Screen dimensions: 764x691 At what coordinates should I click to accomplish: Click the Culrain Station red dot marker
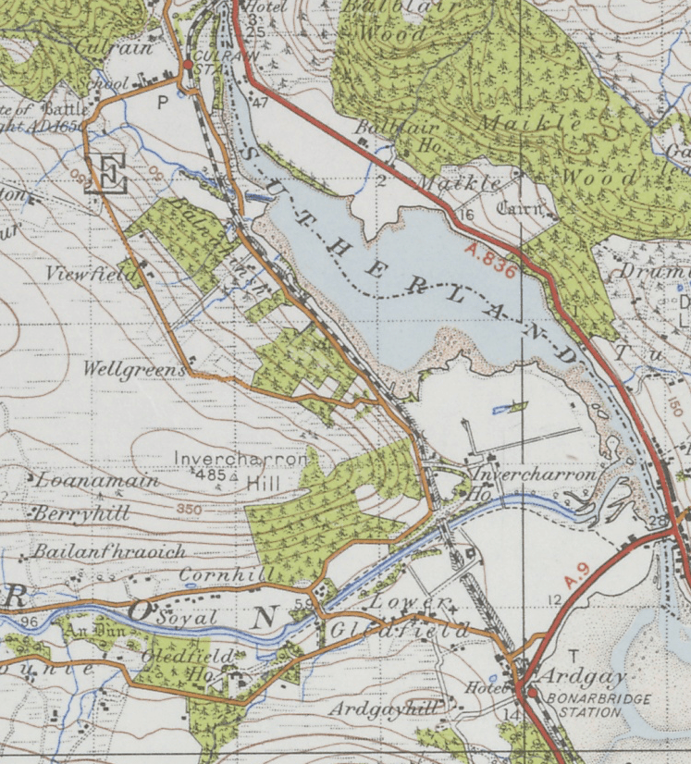[x=188, y=65]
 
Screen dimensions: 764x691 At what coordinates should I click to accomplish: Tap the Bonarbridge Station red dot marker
[x=532, y=691]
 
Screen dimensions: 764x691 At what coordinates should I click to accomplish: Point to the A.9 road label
[x=576, y=573]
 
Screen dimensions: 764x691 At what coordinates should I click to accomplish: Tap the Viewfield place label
[x=91, y=274]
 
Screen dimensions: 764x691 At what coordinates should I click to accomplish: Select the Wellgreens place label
[x=134, y=369]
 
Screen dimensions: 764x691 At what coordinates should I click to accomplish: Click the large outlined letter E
[x=109, y=174]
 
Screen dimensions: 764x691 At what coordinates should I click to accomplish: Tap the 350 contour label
[x=190, y=510]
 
